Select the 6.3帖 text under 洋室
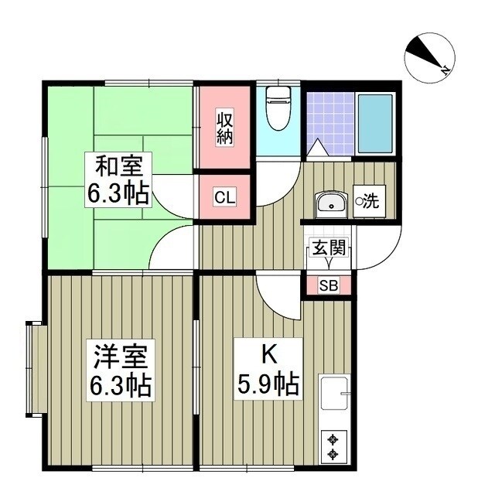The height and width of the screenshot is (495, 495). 121,384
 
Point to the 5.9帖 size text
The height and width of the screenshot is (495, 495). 268,384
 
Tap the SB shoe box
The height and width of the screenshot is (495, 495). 329,286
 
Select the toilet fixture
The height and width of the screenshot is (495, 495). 277,108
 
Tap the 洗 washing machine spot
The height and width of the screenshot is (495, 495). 368,203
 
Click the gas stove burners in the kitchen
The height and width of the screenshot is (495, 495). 334,444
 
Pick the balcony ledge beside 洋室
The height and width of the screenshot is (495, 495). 32,367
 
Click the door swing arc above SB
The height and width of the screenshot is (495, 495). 278,298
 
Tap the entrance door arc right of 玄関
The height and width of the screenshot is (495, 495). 375,251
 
